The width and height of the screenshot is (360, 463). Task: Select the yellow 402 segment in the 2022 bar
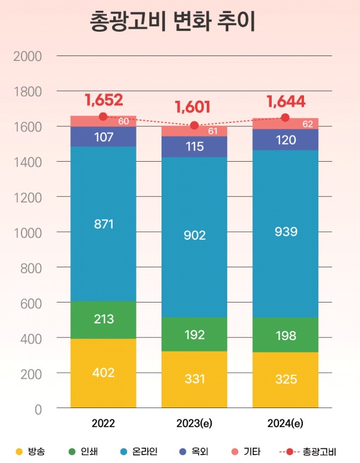(x=103, y=373)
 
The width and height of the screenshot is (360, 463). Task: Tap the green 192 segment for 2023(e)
(x=194, y=334)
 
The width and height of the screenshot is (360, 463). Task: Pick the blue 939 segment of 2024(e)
(x=285, y=231)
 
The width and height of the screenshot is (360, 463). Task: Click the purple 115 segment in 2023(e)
(x=194, y=146)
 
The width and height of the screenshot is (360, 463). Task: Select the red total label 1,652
(x=103, y=99)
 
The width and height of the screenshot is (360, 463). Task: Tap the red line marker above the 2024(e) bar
(x=285, y=118)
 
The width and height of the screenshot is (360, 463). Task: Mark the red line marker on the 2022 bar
(x=103, y=116)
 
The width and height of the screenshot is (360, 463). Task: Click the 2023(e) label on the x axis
(x=194, y=424)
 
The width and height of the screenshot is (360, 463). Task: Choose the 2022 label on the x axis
(x=103, y=424)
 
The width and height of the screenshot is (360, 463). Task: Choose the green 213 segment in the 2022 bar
(x=103, y=319)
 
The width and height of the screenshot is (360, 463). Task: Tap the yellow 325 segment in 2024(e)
(x=285, y=379)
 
